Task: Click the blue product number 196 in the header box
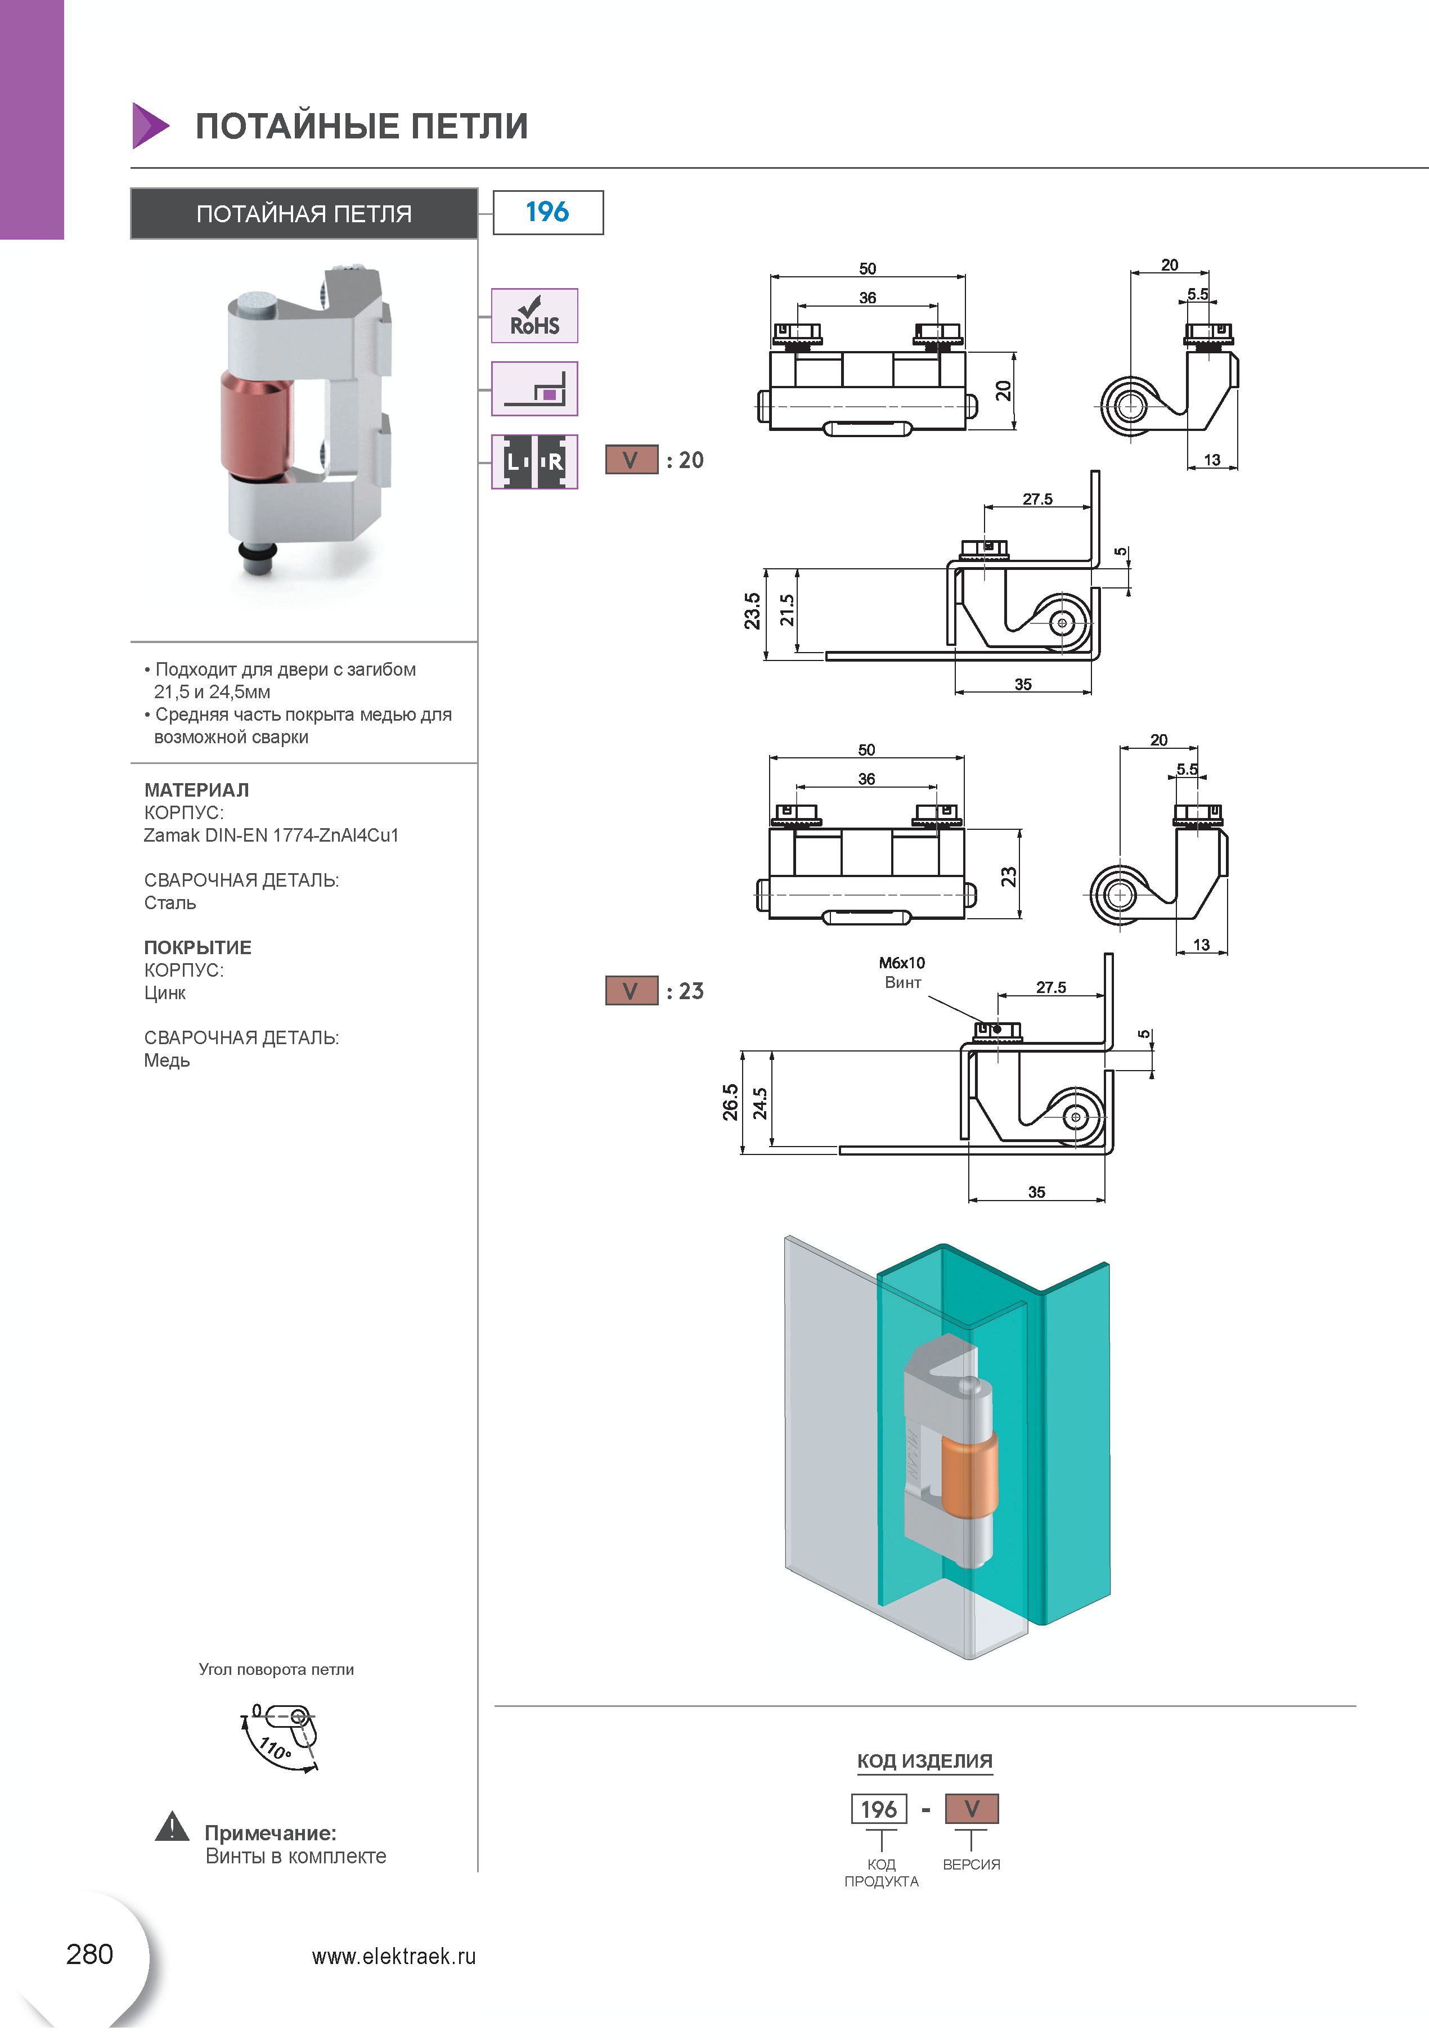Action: (547, 212)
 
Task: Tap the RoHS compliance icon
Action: (534, 316)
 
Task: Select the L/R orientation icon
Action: (534, 462)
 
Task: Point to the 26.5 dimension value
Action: (730, 1102)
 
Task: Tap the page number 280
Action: (90, 1954)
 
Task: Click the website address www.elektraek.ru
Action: (394, 1957)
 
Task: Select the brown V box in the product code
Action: (972, 1809)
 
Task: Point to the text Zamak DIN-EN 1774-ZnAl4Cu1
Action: (271, 835)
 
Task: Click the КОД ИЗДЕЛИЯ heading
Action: (924, 1761)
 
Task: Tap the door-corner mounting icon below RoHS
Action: (534, 389)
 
